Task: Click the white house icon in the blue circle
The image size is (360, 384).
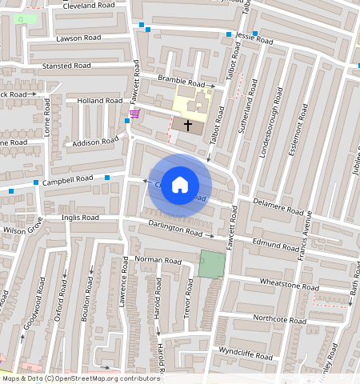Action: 180,185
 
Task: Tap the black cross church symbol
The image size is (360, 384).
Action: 189,126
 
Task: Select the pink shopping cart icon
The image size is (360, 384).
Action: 134,113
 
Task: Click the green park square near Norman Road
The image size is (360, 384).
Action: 212,264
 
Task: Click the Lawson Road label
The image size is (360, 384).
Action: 78,38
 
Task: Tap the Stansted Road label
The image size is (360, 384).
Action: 68,66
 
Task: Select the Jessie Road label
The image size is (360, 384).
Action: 255,38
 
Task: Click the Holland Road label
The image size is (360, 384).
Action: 97,101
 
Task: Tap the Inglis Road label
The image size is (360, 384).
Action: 80,217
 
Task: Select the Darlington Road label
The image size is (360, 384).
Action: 175,229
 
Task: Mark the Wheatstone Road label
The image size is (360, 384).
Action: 283,286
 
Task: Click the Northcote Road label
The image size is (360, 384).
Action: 279,319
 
